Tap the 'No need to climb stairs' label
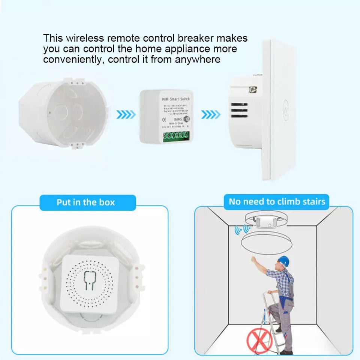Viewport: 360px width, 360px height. pyautogui.click(x=277, y=202)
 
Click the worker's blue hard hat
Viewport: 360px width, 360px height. pyautogui.click(x=284, y=261)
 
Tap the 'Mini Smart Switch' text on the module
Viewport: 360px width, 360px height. pyautogui.click(x=175, y=99)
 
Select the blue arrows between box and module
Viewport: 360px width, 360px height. pyautogui.click(x=125, y=114)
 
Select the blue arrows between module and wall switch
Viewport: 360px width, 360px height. pyautogui.click(x=211, y=114)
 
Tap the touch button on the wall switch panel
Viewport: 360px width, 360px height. pyautogui.click(x=287, y=104)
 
